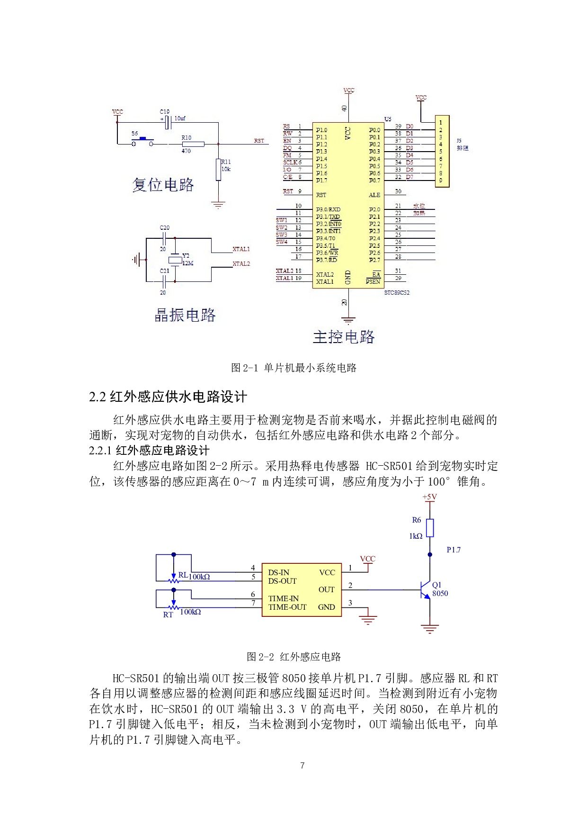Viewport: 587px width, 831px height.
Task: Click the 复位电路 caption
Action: click(x=163, y=185)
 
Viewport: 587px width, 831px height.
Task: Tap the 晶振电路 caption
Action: click(x=185, y=315)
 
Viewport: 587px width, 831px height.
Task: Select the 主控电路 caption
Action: click(x=344, y=337)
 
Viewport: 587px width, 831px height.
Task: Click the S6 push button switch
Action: click(x=142, y=142)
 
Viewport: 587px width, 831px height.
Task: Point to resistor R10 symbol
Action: click(x=193, y=144)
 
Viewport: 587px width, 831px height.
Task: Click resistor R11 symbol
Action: click(x=218, y=170)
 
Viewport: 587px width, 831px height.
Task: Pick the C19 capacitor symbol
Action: click(x=167, y=123)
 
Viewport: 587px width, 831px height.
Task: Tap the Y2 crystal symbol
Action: click(x=175, y=260)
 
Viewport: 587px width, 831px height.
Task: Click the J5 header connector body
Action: click(x=442, y=151)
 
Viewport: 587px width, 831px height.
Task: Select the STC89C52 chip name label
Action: click(x=397, y=293)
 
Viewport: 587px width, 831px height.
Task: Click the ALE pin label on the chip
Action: click(x=374, y=195)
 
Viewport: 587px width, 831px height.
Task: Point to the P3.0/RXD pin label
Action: click(x=328, y=209)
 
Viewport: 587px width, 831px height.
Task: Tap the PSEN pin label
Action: click(x=373, y=282)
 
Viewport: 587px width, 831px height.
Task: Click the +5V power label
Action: click(x=430, y=497)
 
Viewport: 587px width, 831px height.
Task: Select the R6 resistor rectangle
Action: click(x=430, y=528)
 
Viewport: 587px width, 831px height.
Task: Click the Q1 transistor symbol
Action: click(x=425, y=590)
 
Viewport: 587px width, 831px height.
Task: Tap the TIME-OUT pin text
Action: click(x=287, y=607)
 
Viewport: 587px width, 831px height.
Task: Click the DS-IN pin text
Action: click(x=278, y=572)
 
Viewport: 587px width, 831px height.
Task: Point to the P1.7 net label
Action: click(x=454, y=550)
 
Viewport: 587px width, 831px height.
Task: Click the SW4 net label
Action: click(x=282, y=242)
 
